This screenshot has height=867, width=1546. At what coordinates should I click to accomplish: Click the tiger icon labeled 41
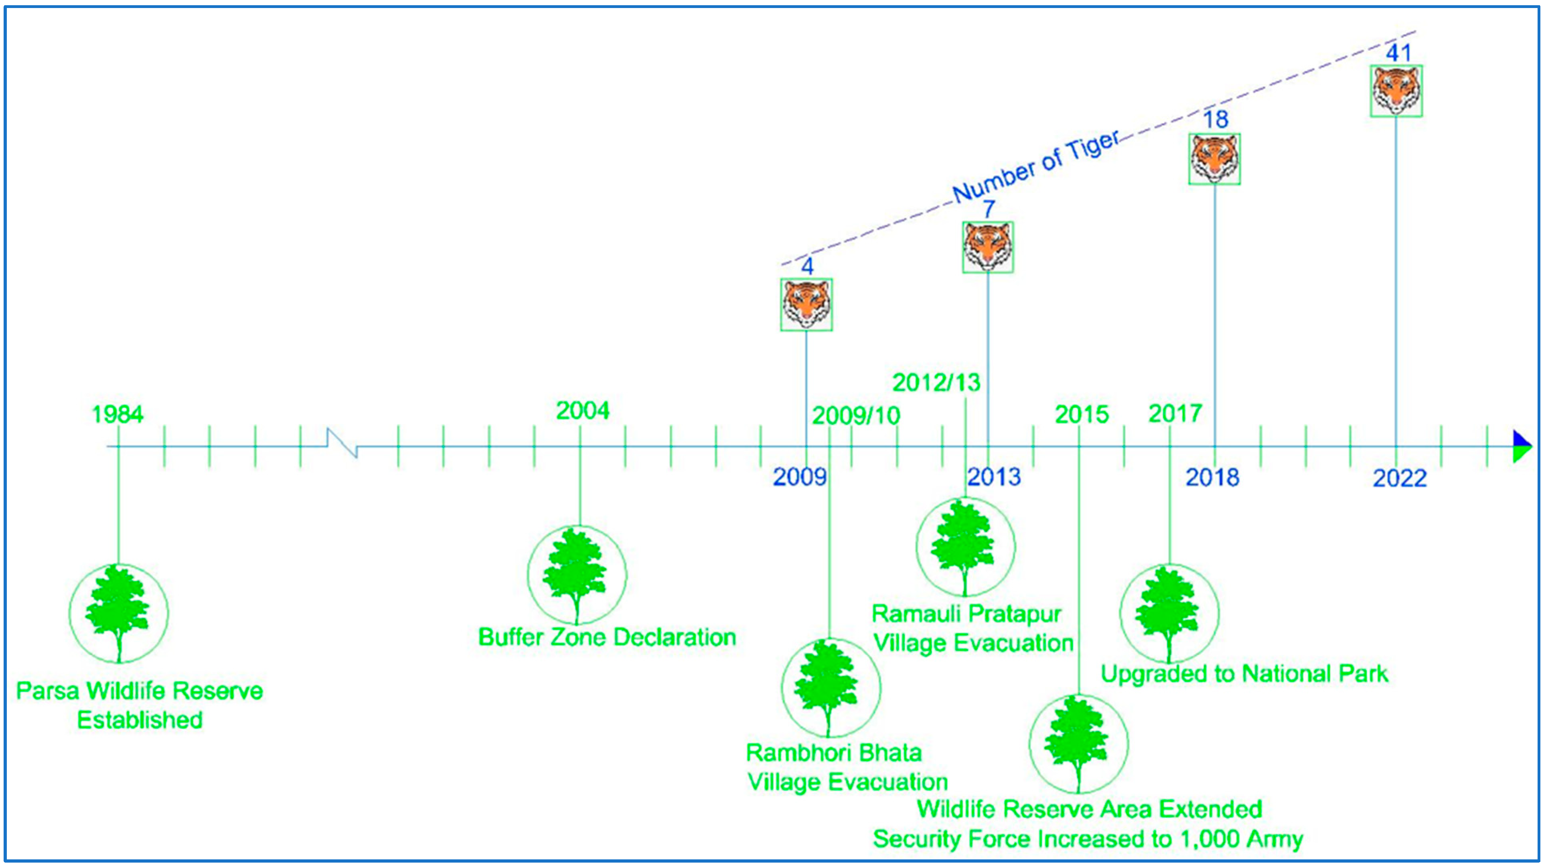click(x=1396, y=91)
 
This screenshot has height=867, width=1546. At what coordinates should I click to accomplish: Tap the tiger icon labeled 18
click(x=1215, y=159)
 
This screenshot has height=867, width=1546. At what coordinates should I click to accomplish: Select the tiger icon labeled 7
click(x=988, y=247)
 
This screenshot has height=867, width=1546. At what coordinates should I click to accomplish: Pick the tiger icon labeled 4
click(x=806, y=304)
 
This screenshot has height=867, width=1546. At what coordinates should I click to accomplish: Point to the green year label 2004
click(x=582, y=411)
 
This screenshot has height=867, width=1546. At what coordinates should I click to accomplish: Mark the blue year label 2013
click(x=994, y=477)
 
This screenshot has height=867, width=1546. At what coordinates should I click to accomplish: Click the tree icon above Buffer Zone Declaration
click(x=576, y=575)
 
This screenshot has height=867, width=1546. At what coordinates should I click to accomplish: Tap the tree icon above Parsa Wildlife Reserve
click(x=118, y=613)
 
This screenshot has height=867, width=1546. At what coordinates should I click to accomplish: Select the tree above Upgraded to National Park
click(x=1169, y=613)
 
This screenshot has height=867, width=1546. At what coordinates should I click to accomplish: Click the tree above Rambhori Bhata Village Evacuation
click(x=830, y=688)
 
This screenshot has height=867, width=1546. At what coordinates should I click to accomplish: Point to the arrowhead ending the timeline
click(x=1522, y=446)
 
